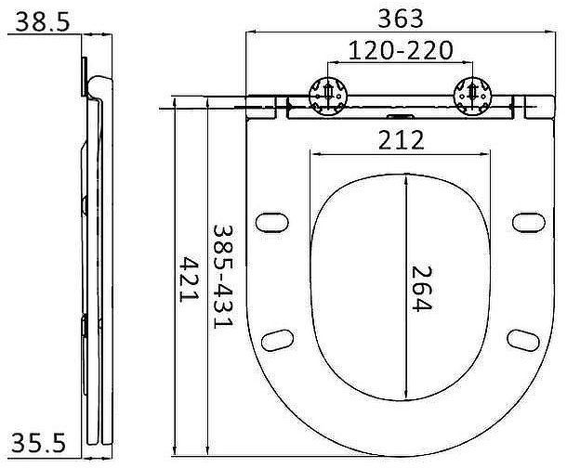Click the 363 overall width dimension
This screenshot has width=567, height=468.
coord(401,19)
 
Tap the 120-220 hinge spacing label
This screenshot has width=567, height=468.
coord(401,50)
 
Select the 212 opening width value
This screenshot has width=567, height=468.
coord(401,140)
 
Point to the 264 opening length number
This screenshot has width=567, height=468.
coord(422,288)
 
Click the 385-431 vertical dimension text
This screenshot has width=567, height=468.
coord(223,277)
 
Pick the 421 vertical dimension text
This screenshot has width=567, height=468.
coord(190,279)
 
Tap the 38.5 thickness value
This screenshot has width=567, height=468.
coord(43,21)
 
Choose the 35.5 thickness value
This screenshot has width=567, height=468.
coord(39,443)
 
